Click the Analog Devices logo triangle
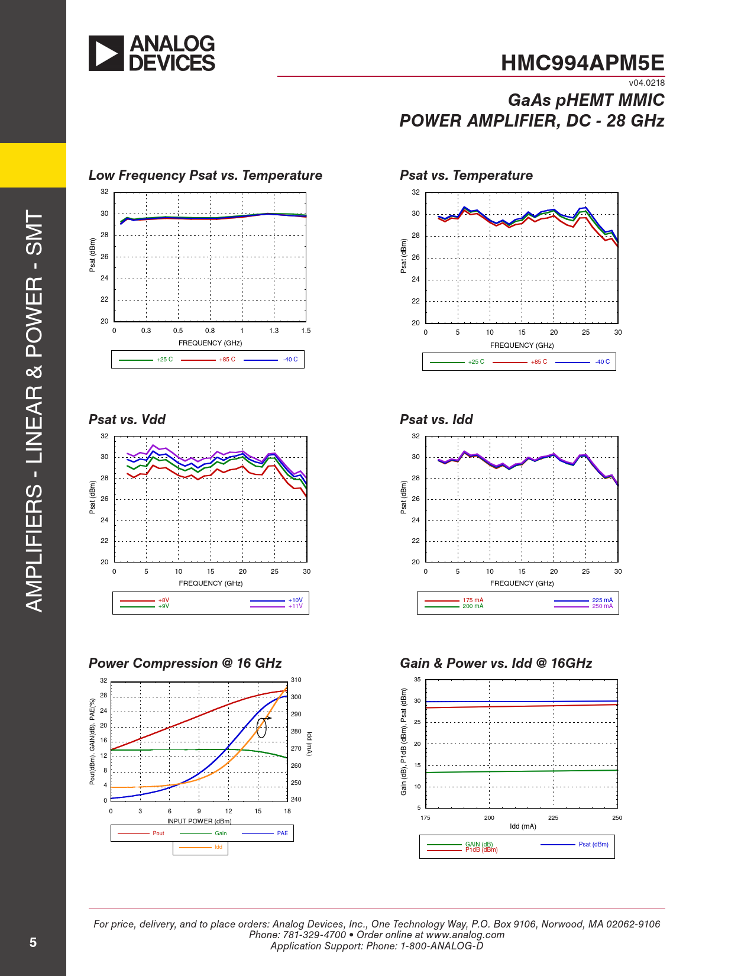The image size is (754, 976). (x=106, y=53)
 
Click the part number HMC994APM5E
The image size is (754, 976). (x=583, y=63)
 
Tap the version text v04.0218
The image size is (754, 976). (x=646, y=83)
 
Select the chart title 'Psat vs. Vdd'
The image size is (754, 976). (x=127, y=419)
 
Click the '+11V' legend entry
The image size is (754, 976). (x=295, y=606)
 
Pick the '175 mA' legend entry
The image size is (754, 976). (x=473, y=600)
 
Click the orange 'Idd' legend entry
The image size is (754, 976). (x=218, y=847)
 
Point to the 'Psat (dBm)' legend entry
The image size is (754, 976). (x=593, y=844)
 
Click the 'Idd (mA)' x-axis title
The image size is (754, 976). (x=523, y=826)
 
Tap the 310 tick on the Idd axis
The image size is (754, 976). (x=296, y=680)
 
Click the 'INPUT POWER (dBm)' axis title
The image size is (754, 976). (x=199, y=821)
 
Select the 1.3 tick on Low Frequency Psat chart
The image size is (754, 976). (x=274, y=331)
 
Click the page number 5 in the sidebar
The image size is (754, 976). (x=33, y=942)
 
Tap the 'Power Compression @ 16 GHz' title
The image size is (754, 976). (x=185, y=663)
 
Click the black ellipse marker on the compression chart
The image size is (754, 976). (x=261, y=728)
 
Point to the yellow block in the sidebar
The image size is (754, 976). (x=33, y=165)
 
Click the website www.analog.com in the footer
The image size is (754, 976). (x=465, y=935)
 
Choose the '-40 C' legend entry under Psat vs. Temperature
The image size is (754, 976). (x=602, y=361)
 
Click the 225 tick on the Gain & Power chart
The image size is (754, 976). (x=553, y=817)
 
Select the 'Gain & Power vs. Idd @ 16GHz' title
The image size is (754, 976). (x=496, y=663)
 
